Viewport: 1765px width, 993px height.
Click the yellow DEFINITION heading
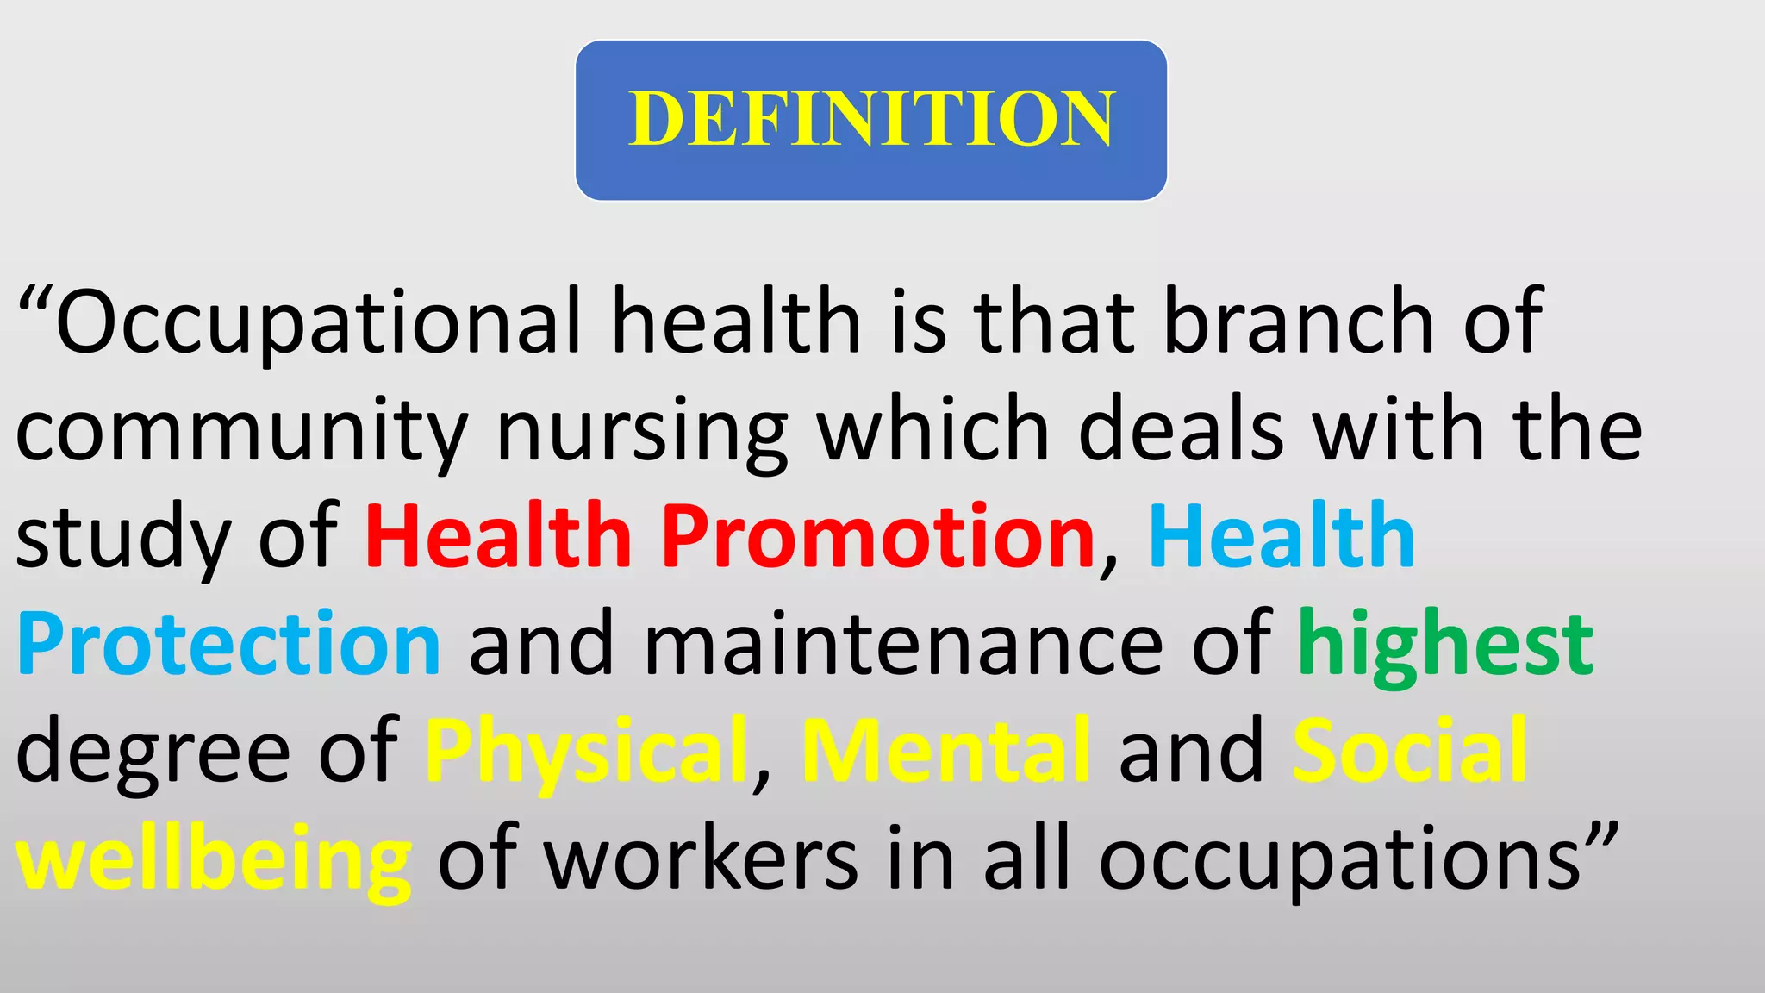(x=871, y=119)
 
